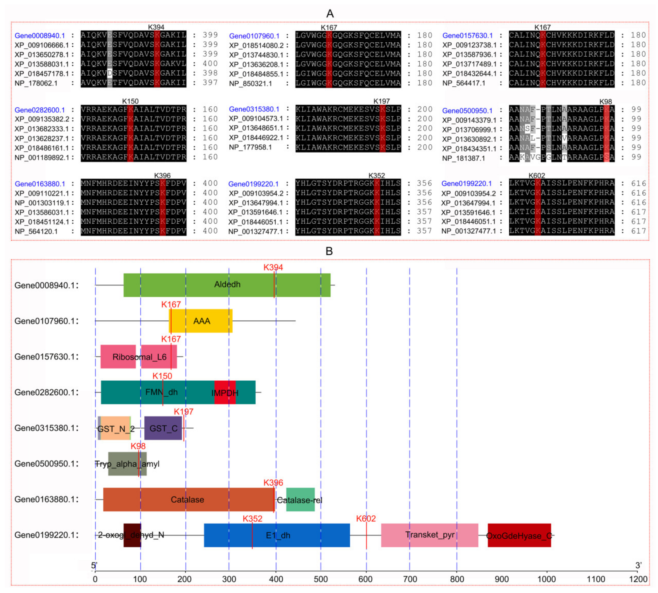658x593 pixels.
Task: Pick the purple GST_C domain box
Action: (x=163, y=428)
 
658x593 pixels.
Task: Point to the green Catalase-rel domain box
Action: (x=300, y=500)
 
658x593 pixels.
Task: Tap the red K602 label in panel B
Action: (x=366, y=518)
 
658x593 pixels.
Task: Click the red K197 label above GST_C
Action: (x=183, y=412)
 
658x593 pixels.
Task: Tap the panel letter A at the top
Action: (x=330, y=14)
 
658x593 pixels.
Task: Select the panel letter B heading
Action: (x=329, y=251)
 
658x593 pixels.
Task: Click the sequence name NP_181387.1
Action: (x=463, y=158)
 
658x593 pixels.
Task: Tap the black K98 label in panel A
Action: (x=605, y=102)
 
